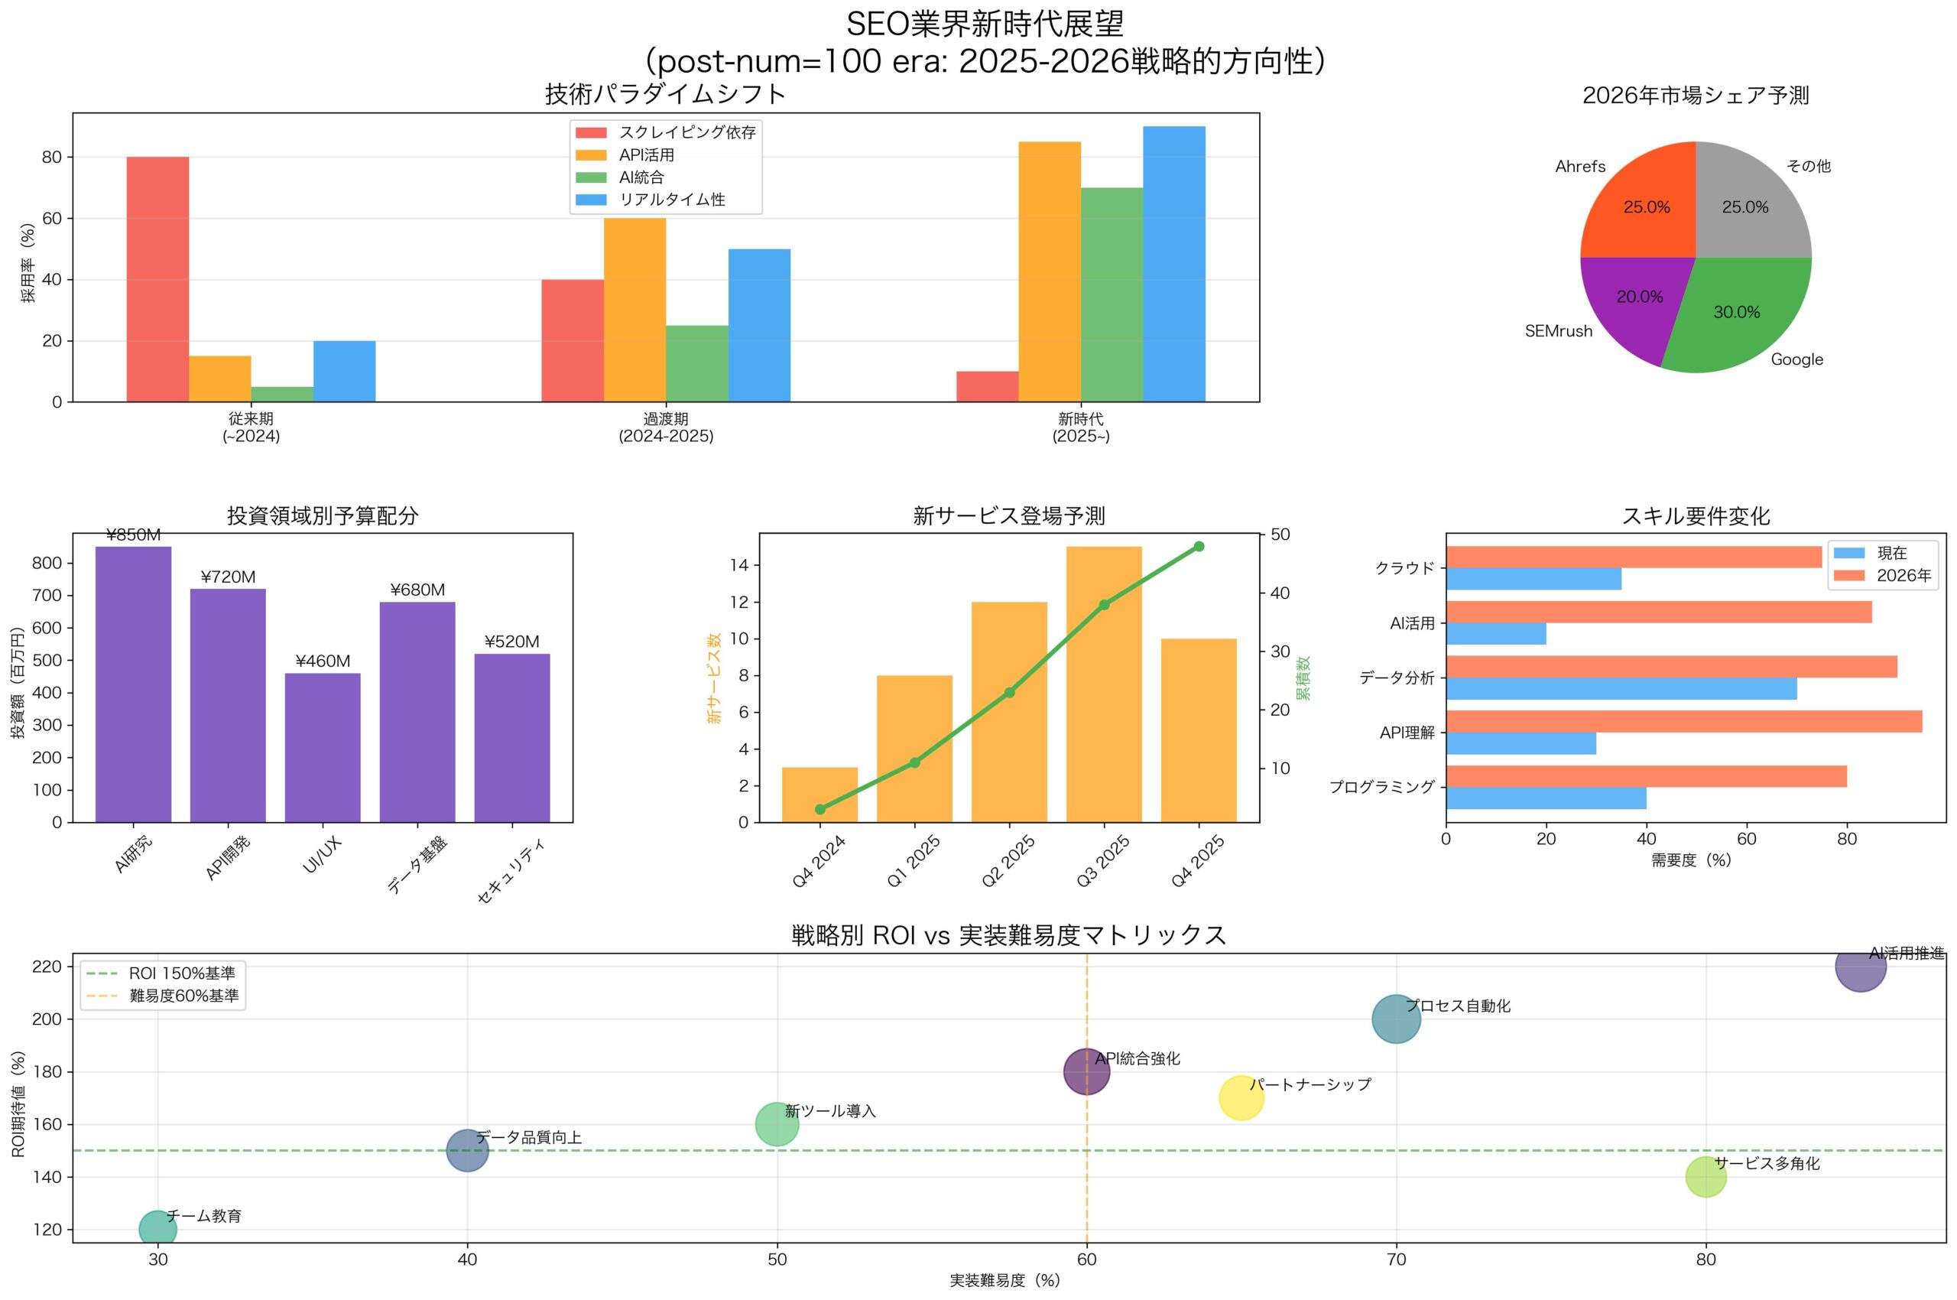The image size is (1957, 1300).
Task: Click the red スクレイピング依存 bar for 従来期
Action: tap(157, 278)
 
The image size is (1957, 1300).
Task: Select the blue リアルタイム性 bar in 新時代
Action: tap(1173, 264)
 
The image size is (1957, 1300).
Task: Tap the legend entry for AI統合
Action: tap(641, 177)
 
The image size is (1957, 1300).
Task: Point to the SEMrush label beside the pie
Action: tap(1558, 332)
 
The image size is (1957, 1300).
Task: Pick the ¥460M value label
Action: tap(323, 661)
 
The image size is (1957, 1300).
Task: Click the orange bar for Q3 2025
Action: tap(1103, 684)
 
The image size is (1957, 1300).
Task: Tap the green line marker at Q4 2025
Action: tap(1199, 546)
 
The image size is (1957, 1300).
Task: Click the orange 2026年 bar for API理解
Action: tap(1683, 721)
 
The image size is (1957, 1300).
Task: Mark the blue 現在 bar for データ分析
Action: tap(1621, 689)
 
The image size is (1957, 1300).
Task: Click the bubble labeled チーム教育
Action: tap(157, 1229)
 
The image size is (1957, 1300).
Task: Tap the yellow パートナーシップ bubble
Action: tap(1241, 1097)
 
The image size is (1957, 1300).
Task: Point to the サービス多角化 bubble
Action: tap(1705, 1176)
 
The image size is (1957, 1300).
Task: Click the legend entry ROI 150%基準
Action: tap(181, 973)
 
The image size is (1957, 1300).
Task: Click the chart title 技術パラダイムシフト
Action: tap(665, 95)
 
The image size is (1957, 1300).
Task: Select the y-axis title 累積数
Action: tap(1304, 678)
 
